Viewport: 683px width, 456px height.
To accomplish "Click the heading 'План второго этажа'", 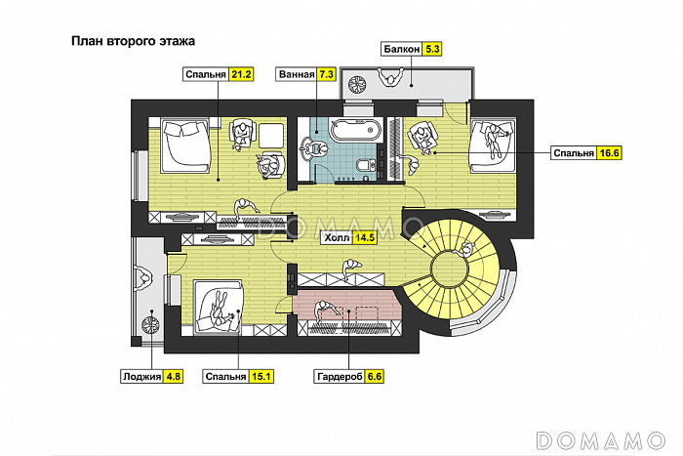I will coord(134,42).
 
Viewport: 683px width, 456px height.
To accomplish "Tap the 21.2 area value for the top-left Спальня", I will coord(241,74).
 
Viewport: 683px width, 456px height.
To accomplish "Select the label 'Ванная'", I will coord(296,74).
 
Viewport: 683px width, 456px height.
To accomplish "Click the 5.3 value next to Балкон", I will coord(433,48).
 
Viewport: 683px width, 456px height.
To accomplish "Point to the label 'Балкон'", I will coord(402,48).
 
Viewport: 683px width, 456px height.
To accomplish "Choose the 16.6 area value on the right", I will coord(611,152).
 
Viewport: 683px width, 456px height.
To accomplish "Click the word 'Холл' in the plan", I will coord(338,237).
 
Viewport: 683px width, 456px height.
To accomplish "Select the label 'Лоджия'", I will coord(141,375).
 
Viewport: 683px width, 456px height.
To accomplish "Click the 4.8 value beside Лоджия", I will coord(173,375).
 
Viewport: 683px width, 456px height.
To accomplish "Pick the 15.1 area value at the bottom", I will coord(261,375).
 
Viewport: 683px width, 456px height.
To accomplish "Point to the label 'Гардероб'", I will coord(339,375).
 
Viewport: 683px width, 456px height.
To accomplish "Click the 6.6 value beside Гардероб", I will coord(374,375).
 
